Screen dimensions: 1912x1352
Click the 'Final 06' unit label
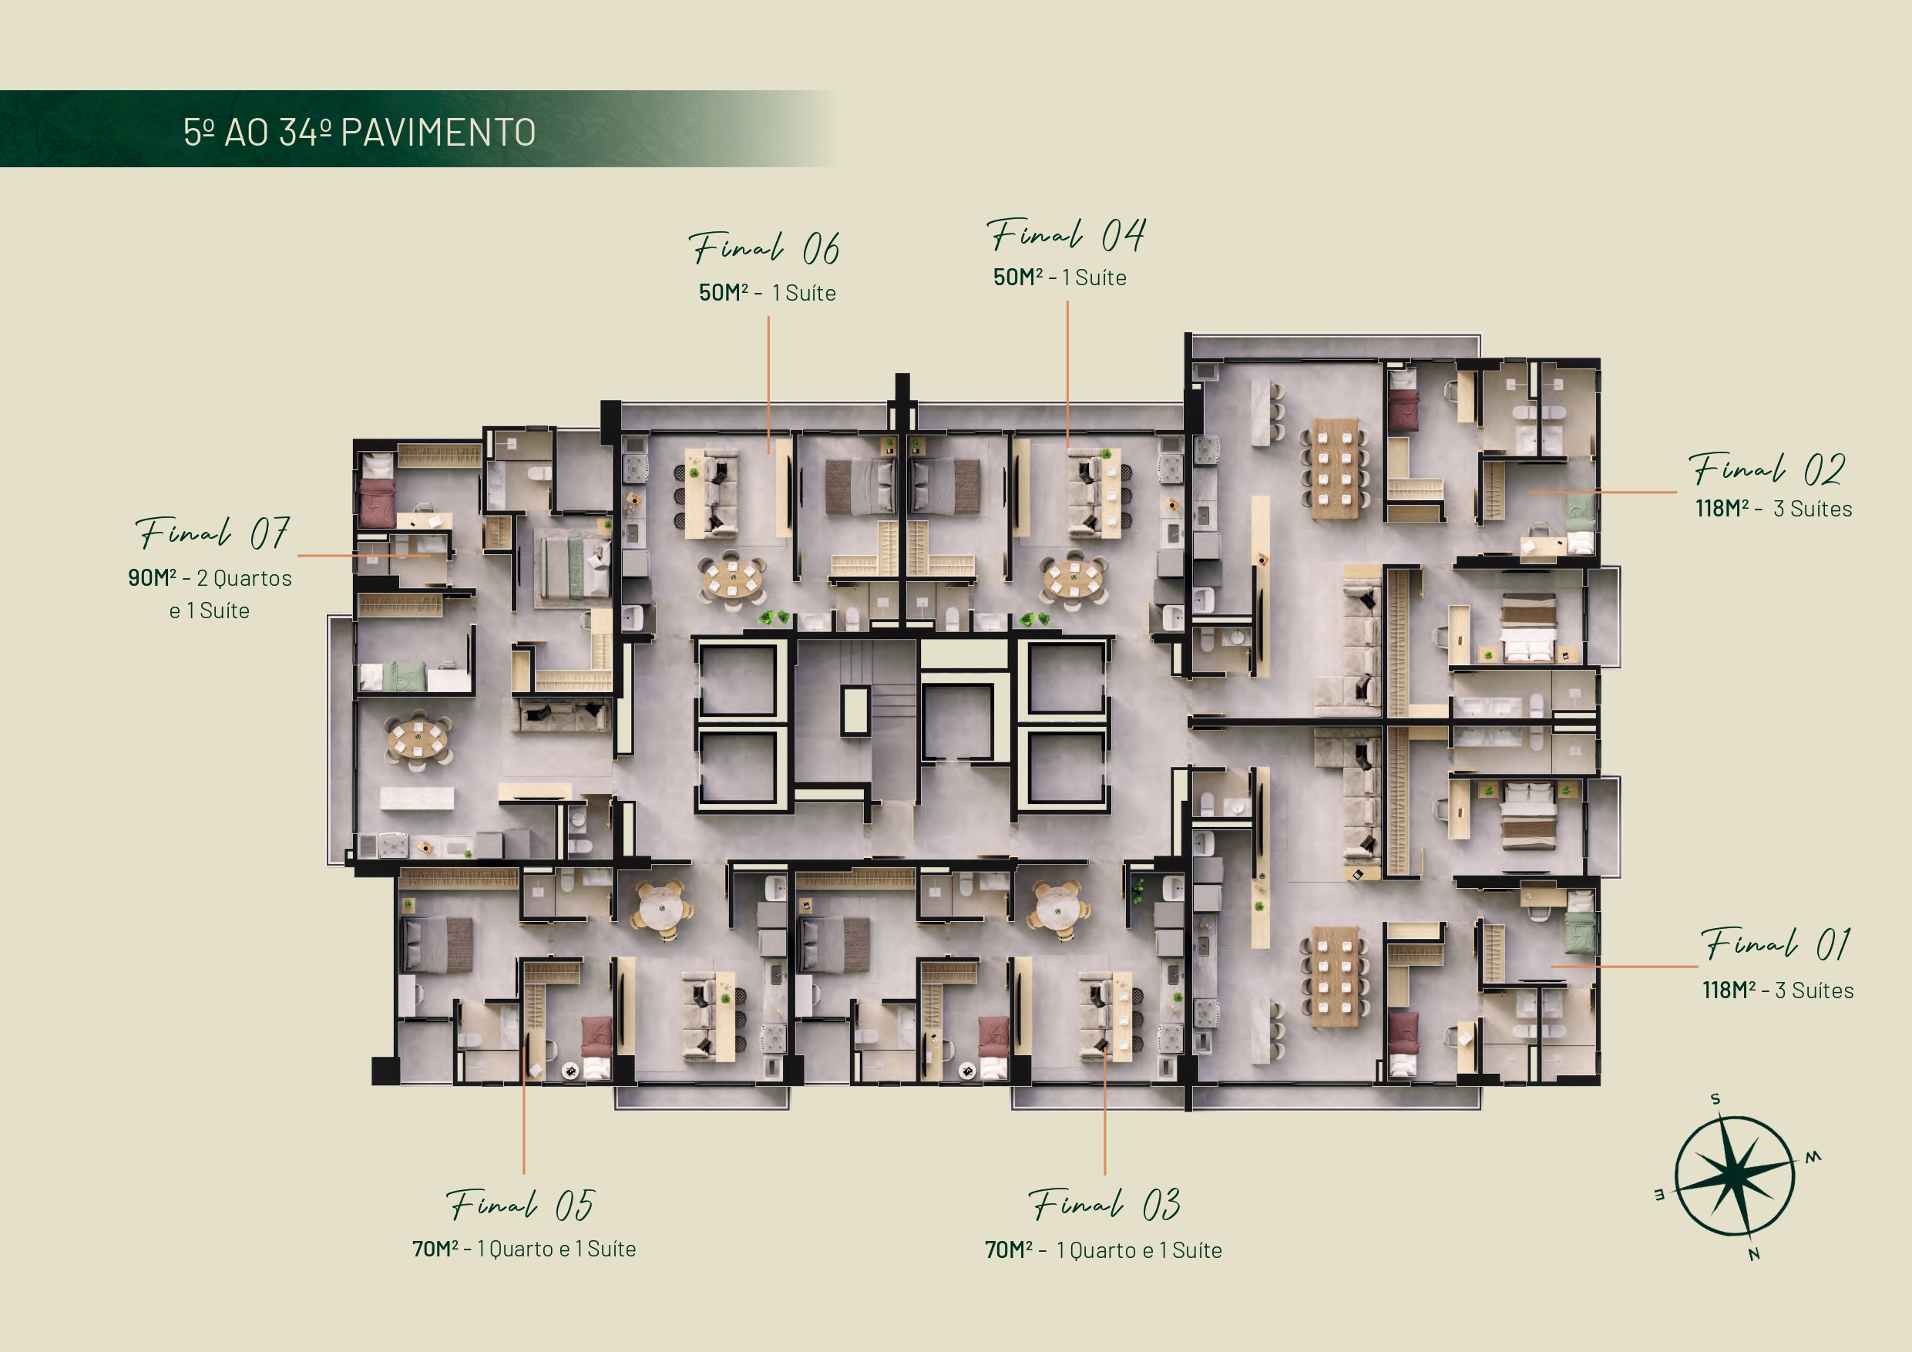click(764, 248)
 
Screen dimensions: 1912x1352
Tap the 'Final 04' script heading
click(1066, 235)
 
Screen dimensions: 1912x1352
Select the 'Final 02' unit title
click(1767, 469)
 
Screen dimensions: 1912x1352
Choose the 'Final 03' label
click(1104, 1205)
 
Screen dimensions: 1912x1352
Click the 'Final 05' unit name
click(520, 1205)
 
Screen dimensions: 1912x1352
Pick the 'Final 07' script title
click(213, 533)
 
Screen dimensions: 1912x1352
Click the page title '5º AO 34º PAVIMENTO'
click(360, 133)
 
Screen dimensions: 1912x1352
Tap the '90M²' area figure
click(152, 577)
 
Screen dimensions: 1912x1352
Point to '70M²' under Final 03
click(1009, 1249)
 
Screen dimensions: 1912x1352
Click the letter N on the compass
click(1754, 1255)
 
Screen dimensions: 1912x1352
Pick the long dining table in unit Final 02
click(1335, 468)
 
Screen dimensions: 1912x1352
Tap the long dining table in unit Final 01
click(1335, 977)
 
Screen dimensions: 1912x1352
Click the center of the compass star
click(1735, 1176)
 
